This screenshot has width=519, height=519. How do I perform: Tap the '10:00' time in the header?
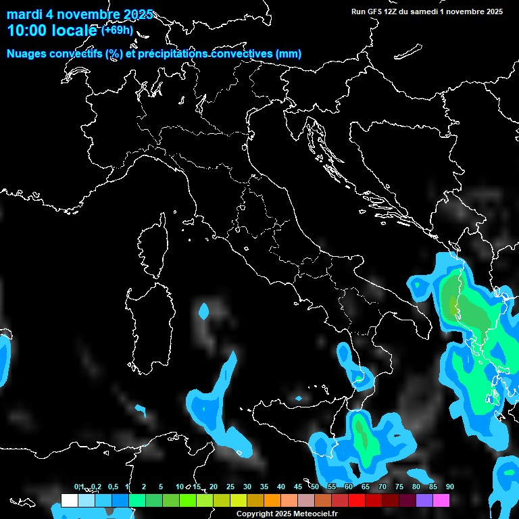coord(27,30)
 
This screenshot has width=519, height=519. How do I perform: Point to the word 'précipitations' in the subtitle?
coord(172,54)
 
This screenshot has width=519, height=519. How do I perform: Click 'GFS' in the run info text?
coord(376,11)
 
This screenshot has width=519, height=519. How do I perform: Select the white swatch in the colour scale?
coord(69,501)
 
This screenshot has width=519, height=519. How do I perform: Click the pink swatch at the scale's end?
coord(441,501)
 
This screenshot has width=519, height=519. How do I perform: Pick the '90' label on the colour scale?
coord(450,487)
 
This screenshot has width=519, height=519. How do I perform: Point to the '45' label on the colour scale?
coord(298,487)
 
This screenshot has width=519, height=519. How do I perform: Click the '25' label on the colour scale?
coord(230,487)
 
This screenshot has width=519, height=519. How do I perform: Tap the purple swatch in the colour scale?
coord(424,501)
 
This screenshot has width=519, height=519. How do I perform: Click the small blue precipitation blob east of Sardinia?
coord(204,312)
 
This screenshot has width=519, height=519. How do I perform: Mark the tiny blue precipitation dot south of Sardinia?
coord(141,410)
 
